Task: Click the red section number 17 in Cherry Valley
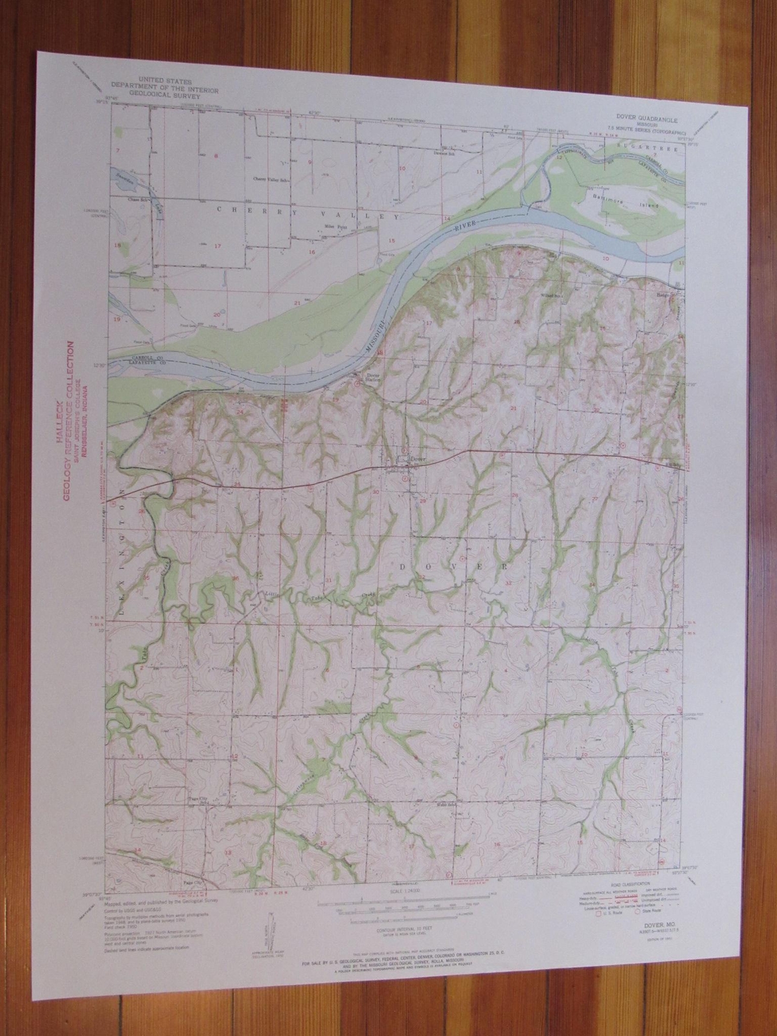218,245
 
